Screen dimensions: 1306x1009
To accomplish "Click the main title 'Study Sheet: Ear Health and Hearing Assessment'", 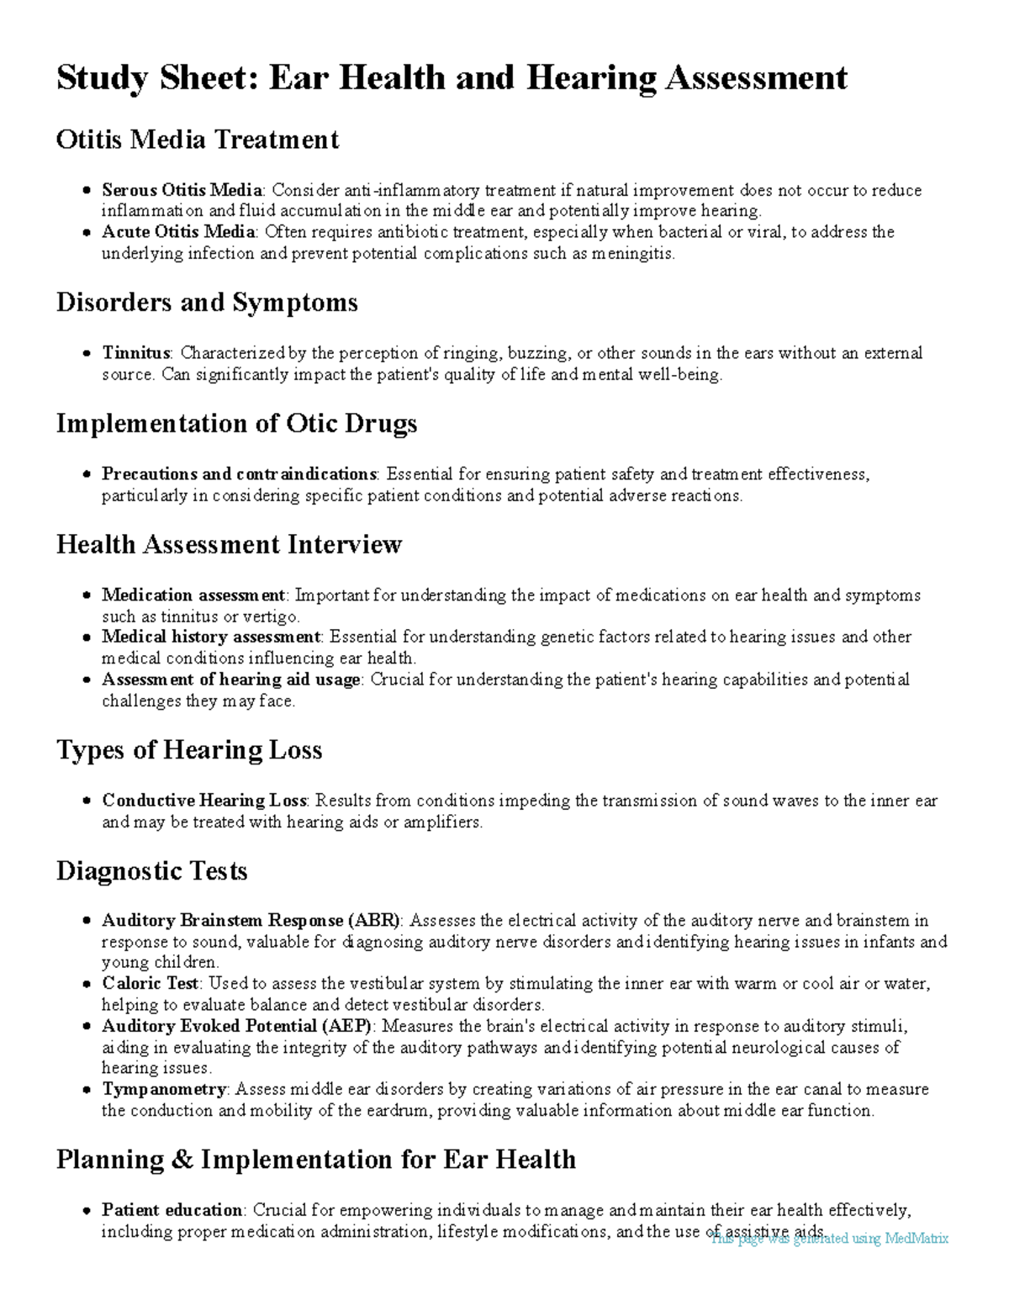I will pyautogui.click(x=452, y=78).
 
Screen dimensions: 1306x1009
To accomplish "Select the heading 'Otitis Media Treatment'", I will pyautogui.click(x=198, y=140).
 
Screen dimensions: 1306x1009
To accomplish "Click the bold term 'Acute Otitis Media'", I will pyautogui.click(x=178, y=232).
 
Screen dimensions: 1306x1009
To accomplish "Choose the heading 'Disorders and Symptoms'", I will pyautogui.click(x=207, y=303).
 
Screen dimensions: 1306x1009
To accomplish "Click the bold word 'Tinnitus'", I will pyautogui.click(x=136, y=353).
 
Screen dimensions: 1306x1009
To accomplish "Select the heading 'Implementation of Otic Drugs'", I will pyautogui.click(x=236, y=424).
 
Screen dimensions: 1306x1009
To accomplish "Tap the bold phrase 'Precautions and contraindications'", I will pyautogui.click(x=239, y=474).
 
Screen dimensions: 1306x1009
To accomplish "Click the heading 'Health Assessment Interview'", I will pyautogui.click(x=229, y=545).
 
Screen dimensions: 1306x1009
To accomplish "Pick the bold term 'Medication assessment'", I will pyautogui.click(x=194, y=595).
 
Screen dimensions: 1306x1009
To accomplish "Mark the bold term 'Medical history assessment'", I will pyautogui.click(x=211, y=637).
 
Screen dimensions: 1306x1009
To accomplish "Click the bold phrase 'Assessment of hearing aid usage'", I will pyautogui.click(x=231, y=679).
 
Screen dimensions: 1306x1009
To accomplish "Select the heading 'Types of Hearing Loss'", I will pyautogui.click(x=189, y=750).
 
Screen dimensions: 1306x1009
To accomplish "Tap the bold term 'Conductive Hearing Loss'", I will pyautogui.click(x=205, y=801).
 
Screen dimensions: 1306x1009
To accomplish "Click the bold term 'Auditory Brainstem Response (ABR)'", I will pyautogui.click(x=251, y=921).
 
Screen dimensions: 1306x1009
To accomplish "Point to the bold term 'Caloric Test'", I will pyautogui.click(x=151, y=984).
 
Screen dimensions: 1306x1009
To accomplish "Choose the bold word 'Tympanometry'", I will pyautogui.click(x=164, y=1090).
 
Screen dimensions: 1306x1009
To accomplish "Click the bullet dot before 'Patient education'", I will pyautogui.click(x=87, y=1211).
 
